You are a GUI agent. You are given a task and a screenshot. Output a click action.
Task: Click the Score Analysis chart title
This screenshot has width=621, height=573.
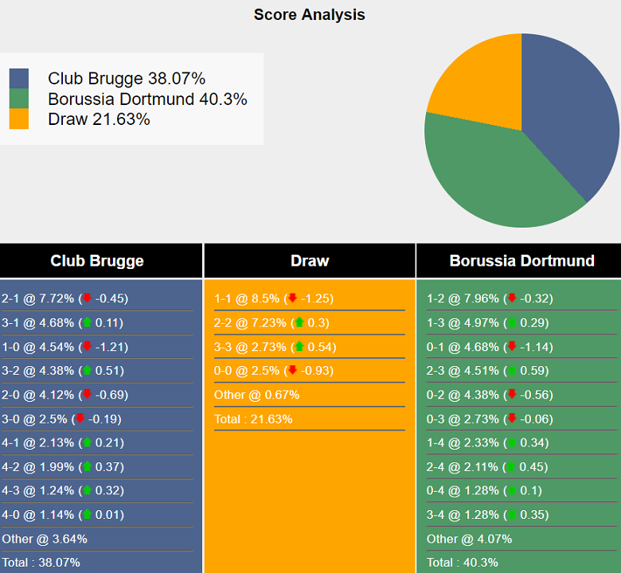point(310,14)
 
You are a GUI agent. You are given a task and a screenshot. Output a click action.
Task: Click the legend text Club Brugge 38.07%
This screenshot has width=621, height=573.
point(127,78)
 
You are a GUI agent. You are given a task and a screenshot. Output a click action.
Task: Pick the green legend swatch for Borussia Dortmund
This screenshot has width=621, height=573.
point(19,99)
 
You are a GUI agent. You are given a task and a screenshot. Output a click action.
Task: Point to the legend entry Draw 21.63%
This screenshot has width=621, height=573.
point(99,119)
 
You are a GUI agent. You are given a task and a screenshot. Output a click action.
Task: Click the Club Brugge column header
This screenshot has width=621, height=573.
point(97,261)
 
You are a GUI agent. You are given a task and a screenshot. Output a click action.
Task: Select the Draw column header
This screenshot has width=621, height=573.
point(310,261)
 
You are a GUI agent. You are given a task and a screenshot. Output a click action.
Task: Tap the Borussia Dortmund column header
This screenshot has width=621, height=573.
point(521,261)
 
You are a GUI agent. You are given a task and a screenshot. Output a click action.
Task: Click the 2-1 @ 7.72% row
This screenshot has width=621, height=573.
point(64,298)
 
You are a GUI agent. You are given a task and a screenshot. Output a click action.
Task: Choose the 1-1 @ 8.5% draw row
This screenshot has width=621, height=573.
point(273,298)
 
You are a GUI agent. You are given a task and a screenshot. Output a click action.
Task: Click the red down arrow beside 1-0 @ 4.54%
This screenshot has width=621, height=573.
point(87,347)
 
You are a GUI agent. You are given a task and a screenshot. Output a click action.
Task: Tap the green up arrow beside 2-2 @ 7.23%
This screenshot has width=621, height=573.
point(299,323)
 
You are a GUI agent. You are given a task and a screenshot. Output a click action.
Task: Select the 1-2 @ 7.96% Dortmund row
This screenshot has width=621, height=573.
point(490,298)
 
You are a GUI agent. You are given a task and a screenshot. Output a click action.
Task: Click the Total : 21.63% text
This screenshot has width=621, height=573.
point(253,419)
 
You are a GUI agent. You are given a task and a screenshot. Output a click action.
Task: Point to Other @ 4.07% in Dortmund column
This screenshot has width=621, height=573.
point(470,539)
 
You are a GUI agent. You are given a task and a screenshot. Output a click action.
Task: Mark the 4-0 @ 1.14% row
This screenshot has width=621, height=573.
point(64,515)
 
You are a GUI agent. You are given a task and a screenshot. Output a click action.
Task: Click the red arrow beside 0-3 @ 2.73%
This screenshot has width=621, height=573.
point(512,419)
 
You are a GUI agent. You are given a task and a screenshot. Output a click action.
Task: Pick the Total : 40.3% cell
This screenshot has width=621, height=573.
point(463,563)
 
